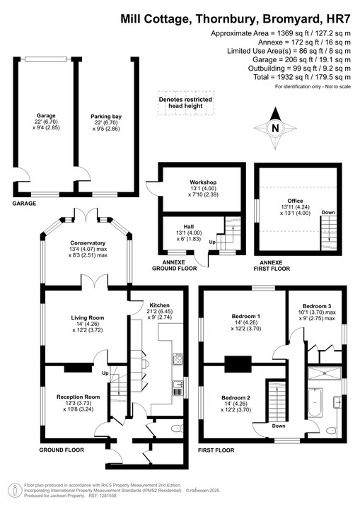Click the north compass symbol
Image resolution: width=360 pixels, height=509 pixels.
(276, 128)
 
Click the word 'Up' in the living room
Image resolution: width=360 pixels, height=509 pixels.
(106, 373)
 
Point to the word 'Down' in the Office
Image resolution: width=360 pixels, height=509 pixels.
(328, 212)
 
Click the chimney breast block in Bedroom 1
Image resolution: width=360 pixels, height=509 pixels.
(236, 365)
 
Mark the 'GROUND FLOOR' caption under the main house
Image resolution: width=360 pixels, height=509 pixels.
(61, 450)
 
